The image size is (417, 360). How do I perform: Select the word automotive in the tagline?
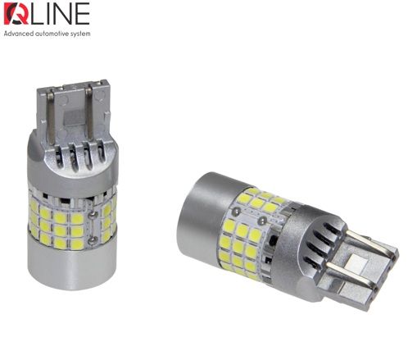(54, 34)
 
